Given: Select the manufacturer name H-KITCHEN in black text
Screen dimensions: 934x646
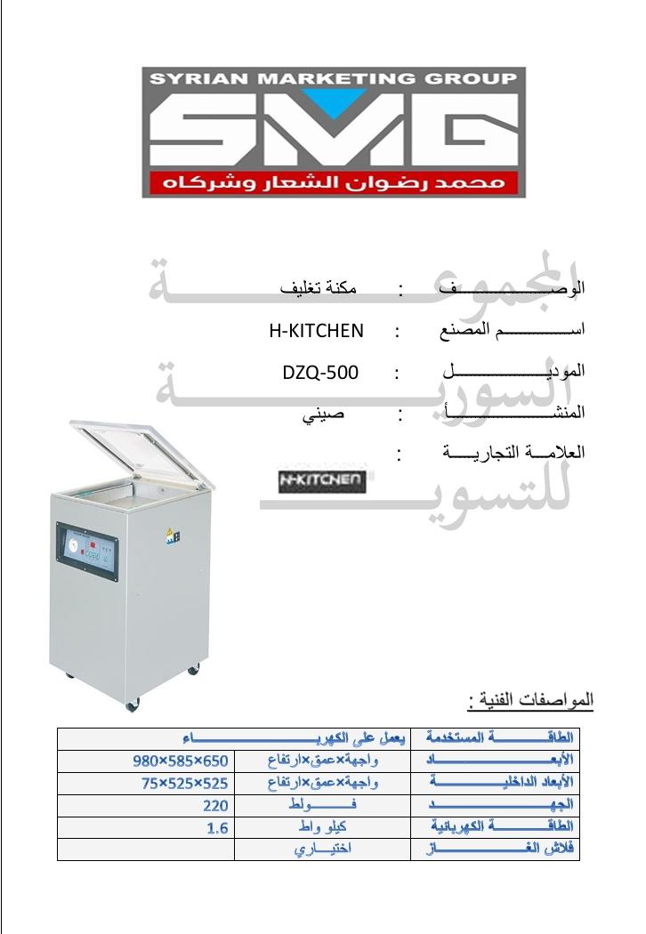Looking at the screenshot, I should [316, 332].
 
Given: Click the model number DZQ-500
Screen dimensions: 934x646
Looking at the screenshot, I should [319, 373].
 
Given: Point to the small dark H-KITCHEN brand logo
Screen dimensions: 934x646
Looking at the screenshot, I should [320, 480].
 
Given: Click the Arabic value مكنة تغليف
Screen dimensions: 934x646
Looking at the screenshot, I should [319, 289].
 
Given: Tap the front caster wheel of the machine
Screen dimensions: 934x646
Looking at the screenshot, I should [133, 705].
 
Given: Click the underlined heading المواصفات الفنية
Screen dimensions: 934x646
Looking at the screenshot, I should [530, 701].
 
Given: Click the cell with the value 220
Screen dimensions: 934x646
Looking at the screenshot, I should [218, 806].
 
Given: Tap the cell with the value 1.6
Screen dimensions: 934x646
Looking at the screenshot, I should [218, 828].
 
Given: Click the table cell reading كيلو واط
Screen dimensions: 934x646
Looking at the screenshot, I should [322, 828].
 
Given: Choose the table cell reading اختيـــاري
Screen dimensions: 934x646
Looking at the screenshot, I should [322, 849].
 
